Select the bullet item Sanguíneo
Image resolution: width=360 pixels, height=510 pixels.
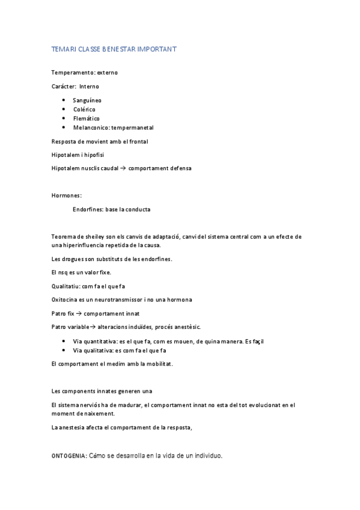click(85, 100)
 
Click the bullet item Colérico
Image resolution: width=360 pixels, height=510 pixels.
click(84, 109)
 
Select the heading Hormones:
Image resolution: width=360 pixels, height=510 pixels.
click(66, 195)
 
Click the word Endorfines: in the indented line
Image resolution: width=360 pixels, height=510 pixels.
click(88, 209)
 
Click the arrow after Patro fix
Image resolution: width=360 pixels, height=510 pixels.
click(80, 313)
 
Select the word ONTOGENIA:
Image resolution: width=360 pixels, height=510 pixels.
click(69, 456)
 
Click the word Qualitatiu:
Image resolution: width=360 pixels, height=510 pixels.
click(66, 286)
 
